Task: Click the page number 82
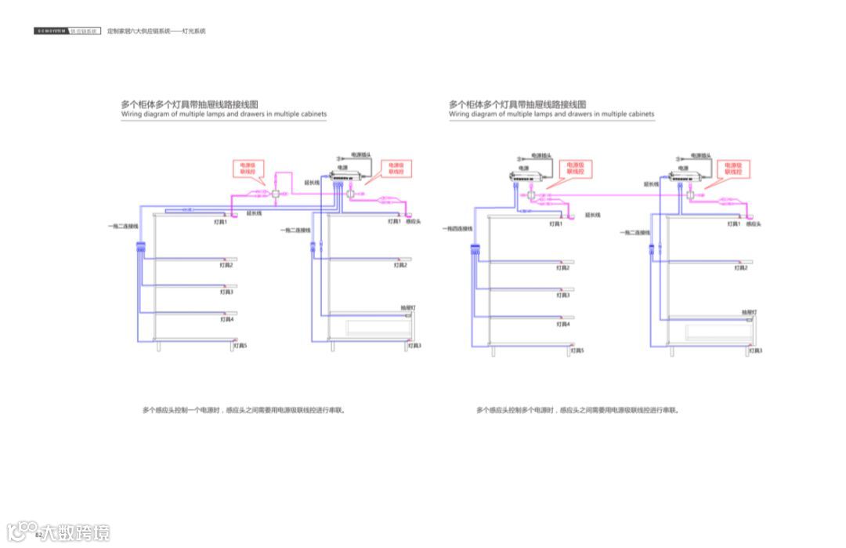(37, 535)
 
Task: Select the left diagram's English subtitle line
(223, 114)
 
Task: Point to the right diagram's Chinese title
(518, 104)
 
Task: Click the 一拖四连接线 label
(457, 229)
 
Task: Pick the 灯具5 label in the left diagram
(240, 346)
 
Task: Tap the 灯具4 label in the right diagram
(563, 324)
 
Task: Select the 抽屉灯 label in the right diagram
(749, 312)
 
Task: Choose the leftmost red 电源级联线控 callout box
(248, 168)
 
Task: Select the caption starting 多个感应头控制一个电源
(244, 410)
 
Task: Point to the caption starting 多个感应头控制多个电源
(577, 410)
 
